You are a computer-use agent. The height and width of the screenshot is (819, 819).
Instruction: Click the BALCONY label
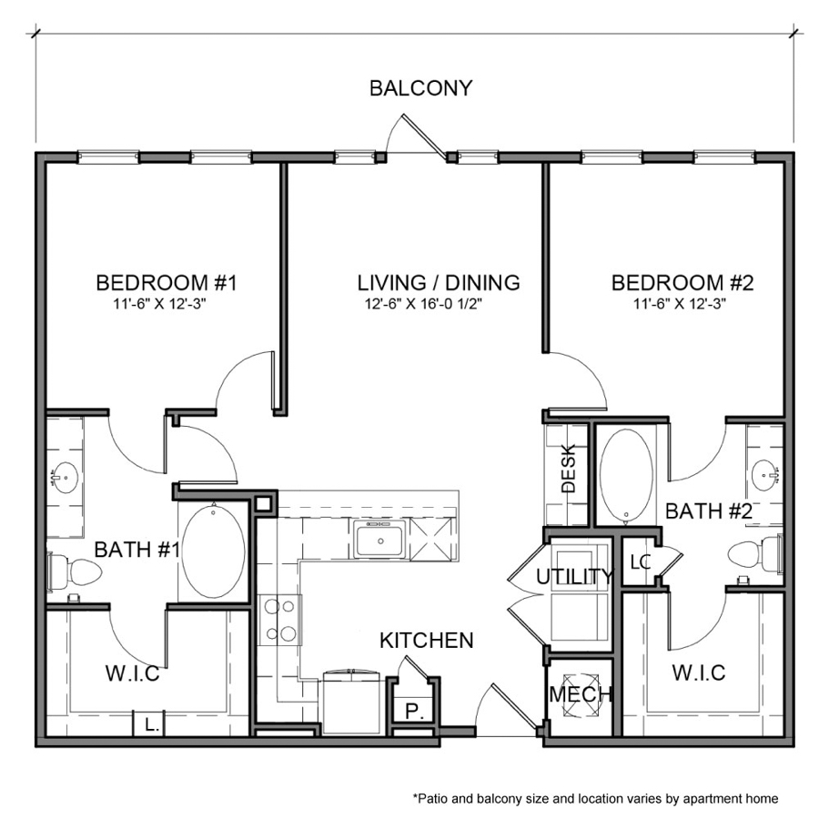(x=420, y=88)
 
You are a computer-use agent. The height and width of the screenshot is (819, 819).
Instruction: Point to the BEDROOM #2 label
(x=682, y=282)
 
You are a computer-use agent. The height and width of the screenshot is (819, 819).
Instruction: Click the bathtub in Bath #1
(x=213, y=551)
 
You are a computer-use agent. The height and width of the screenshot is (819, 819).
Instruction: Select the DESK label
(x=569, y=473)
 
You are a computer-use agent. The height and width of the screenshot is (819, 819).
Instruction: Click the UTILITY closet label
(x=573, y=577)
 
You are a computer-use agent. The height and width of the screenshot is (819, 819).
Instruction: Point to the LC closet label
(x=641, y=562)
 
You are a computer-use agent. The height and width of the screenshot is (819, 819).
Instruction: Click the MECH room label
(x=580, y=695)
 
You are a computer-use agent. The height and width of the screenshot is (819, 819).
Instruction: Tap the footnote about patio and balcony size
(x=595, y=798)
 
